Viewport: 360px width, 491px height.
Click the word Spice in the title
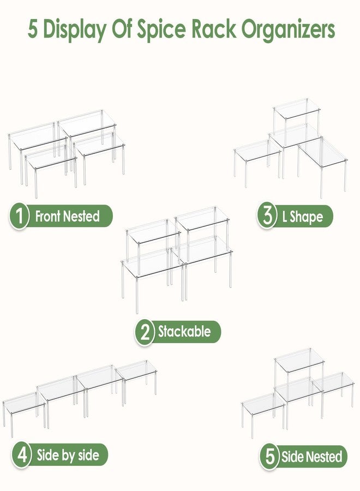point(161,30)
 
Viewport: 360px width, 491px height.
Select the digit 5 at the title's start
point(33,29)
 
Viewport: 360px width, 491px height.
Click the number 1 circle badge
point(19,215)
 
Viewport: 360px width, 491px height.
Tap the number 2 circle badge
point(145,332)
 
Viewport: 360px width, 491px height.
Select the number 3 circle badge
point(267,216)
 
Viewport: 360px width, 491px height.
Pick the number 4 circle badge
point(22,455)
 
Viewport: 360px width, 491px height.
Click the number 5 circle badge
point(269,457)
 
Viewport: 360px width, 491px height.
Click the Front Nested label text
point(67,216)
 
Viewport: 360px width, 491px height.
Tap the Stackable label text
point(184,332)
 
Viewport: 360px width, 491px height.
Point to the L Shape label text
point(302,217)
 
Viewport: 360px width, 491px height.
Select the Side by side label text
point(68,455)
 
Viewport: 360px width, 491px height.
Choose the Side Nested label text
point(311,457)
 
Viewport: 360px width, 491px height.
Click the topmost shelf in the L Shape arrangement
point(297,109)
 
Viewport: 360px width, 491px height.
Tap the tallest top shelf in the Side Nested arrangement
point(299,361)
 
